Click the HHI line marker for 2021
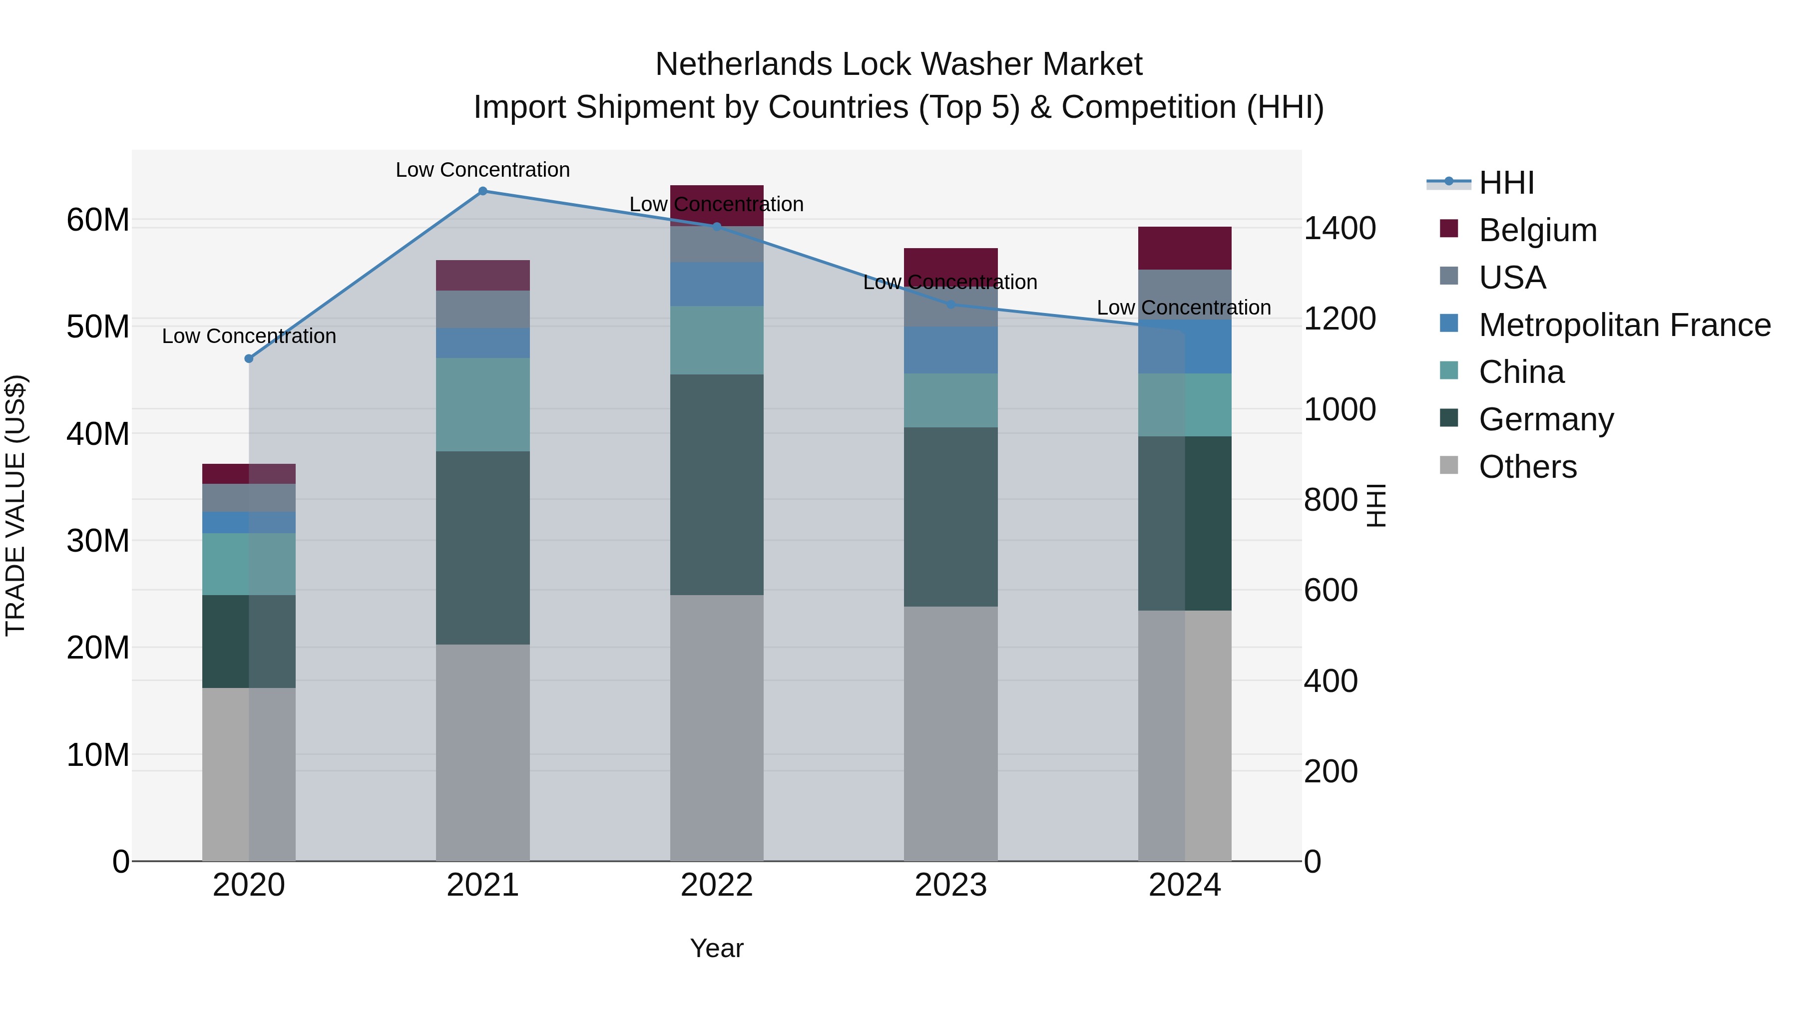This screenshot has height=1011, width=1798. pyautogui.click(x=482, y=191)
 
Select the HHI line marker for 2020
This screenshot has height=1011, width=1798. pyautogui.click(x=249, y=358)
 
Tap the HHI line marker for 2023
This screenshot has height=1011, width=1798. pyautogui.click(x=950, y=304)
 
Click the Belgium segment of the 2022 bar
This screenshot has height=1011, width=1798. pyautogui.click(x=717, y=205)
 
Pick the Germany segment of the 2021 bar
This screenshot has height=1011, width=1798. pyautogui.click(x=482, y=548)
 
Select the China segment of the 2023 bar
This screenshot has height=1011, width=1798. pyautogui.click(x=950, y=400)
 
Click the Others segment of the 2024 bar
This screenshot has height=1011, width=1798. pyautogui.click(x=1185, y=736)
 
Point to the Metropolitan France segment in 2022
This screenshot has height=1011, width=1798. pyautogui.click(x=717, y=284)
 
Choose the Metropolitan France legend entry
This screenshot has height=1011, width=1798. pyautogui.click(x=1624, y=325)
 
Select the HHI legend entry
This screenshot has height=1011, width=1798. pyautogui.click(x=1506, y=183)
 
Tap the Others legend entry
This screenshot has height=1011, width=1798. pyautogui.click(x=1527, y=467)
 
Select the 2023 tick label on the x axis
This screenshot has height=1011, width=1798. pyautogui.click(x=950, y=885)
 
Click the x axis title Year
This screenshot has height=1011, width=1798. pyautogui.click(x=717, y=948)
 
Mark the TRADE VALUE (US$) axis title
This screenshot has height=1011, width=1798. pyautogui.click(x=15, y=505)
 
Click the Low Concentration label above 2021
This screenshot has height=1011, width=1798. pyautogui.click(x=482, y=170)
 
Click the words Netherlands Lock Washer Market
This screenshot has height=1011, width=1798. pyautogui.click(x=899, y=64)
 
